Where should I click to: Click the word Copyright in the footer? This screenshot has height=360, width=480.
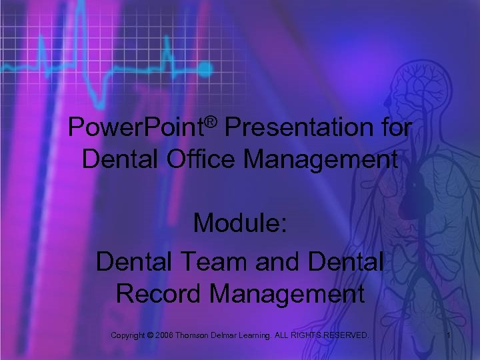coord(131,333)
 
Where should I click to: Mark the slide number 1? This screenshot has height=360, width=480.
coord(449,333)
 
